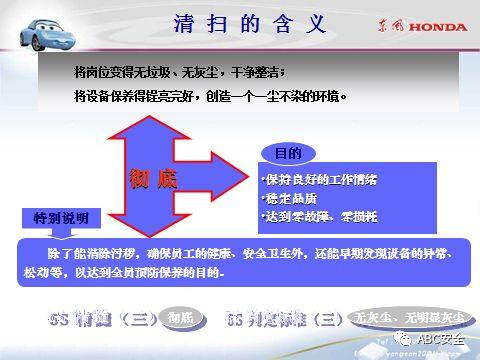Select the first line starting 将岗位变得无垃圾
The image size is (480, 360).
(180, 72)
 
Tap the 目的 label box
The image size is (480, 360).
(288, 153)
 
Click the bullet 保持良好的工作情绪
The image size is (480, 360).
(320, 180)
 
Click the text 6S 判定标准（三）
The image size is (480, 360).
(284, 319)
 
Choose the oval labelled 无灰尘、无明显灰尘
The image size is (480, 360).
(409, 319)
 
